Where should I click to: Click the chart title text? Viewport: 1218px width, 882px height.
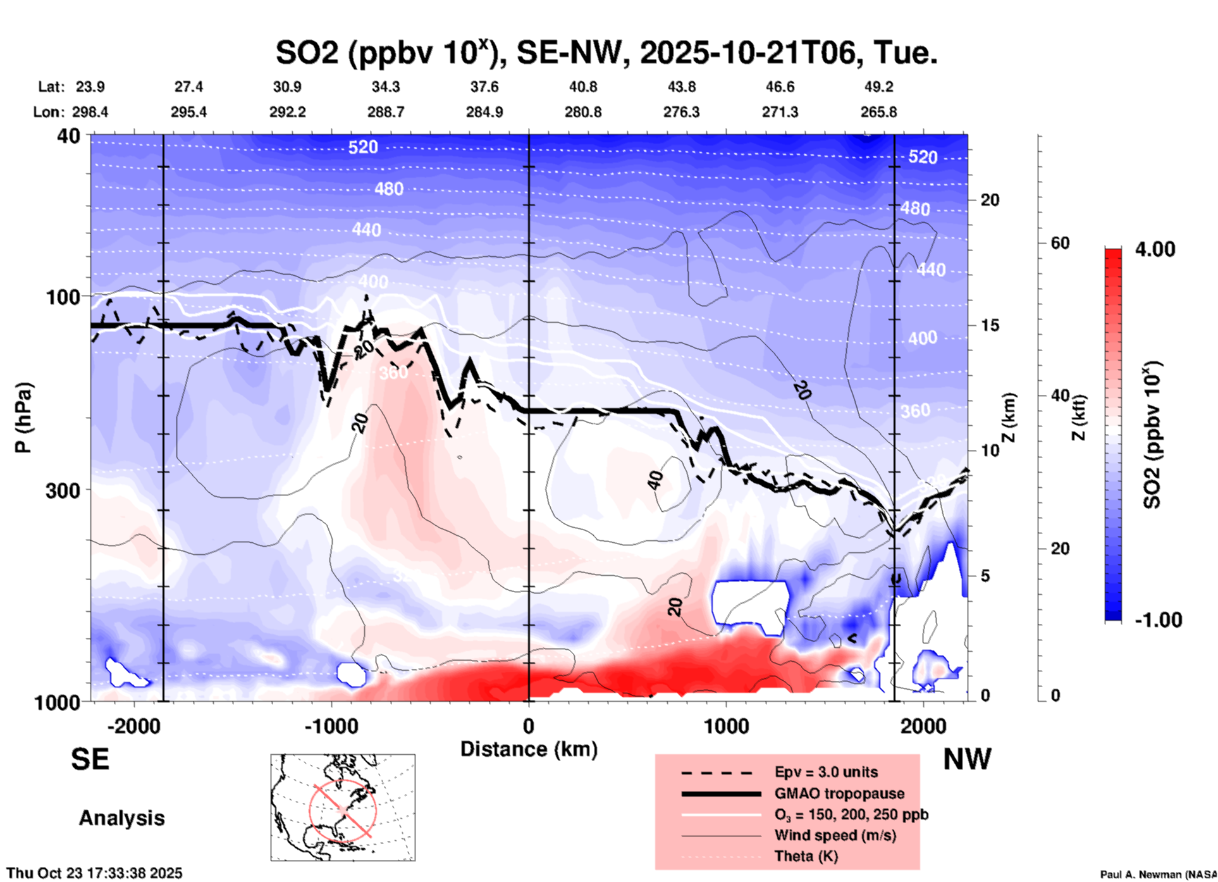pyautogui.click(x=606, y=53)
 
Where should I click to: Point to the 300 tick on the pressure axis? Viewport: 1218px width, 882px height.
pyautogui.click(x=63, y=490)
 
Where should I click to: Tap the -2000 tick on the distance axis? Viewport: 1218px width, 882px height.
pyautogui.click(x=133, y=726)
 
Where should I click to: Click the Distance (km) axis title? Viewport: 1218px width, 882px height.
pyautogui.click(x=529, y=749)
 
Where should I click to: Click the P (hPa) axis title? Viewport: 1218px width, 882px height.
pyautogui.click(x=23, y=418)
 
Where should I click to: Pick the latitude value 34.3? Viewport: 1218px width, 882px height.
pyautogui.click(x=385, y=87)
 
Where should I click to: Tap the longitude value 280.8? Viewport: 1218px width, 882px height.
pyautogui.click(x=582, y=112)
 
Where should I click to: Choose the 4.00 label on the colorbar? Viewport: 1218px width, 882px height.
pyautogui.click(x=1155, y=249)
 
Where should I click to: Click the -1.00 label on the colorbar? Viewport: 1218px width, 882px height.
pyautogui.click(x=1158, y=620)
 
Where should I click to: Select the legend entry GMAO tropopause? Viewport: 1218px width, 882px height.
pyautogui.click(x=839, y=793)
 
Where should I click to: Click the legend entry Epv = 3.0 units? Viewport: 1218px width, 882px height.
pyautogui.click(x=826, y=772)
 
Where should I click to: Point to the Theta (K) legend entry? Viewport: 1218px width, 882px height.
pyautogui.click(x=806, y=856)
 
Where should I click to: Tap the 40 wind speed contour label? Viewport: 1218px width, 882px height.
pyautogui.click(x=656, y=480)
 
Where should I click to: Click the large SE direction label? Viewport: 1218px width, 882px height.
pyautogui.click(x=90, y=759)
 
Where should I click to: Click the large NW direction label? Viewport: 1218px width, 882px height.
pyautogui.click(x=967, y=759)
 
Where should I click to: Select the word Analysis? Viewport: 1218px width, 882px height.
pyautogui.click(x=121, y=818)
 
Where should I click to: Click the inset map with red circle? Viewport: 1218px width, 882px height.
pyautogui.click(x=343, y=807)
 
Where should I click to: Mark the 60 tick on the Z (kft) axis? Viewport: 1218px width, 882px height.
pyautogui.click(x=1060, y=243)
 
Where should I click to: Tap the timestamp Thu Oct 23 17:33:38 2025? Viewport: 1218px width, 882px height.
pyautogui.click(x=94, y=873)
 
